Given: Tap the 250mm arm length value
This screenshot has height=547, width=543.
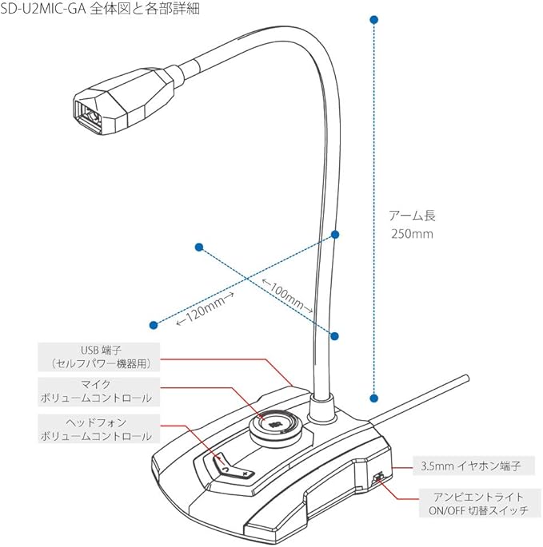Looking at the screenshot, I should (x=412, y=234).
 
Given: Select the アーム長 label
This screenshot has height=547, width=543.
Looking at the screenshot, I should (x=412, y=216).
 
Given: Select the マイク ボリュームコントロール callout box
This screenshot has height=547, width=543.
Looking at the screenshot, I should (x=98, y=390).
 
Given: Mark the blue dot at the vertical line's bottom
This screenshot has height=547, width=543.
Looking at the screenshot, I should (x=372, y=397).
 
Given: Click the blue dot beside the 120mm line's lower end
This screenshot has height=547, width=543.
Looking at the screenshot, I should (x=154, y=324).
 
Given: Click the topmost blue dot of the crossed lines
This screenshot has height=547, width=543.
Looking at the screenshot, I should (x=336, y=234).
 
